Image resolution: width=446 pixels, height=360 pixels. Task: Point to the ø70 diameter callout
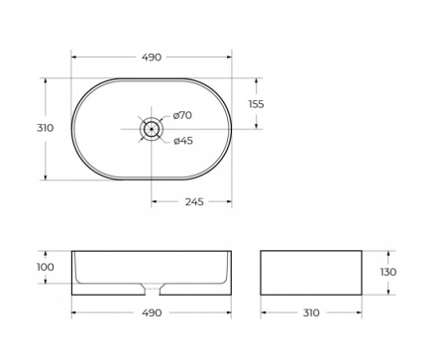(182, 116)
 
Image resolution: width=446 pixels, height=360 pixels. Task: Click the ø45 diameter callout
(182, 140)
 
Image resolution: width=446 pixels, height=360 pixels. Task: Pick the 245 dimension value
(193, 202)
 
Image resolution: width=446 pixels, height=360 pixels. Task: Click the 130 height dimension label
(389, 272)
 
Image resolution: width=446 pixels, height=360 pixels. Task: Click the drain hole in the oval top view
(151, 128)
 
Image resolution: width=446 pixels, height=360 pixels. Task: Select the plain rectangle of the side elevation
(309, 272)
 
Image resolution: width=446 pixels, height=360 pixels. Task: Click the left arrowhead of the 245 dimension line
(154, 202)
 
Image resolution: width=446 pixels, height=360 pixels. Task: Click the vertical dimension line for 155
(258, 103)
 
